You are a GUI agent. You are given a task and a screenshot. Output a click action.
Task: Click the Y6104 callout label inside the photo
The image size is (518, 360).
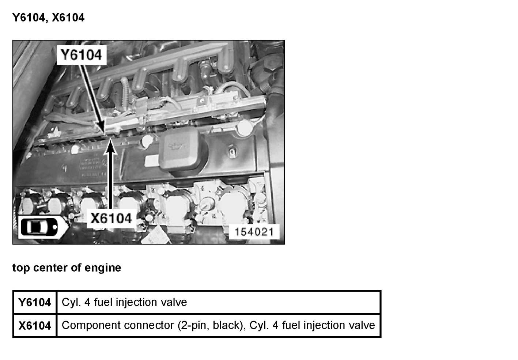81,55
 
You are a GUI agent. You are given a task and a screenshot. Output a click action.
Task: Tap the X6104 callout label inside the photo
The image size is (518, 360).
111,218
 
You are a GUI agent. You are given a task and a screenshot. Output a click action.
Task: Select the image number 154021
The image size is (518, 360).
254,232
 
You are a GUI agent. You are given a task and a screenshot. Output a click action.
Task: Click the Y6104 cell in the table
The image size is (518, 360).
35,303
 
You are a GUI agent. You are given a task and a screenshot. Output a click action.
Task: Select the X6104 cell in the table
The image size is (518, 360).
35,325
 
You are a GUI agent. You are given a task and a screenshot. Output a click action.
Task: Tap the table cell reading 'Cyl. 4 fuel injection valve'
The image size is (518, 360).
124,303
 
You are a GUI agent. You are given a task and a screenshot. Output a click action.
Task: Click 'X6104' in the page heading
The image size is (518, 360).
68,18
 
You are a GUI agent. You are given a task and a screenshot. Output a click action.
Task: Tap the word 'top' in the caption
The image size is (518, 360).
21,268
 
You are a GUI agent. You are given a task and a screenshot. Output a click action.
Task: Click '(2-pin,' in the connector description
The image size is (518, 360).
194,325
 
